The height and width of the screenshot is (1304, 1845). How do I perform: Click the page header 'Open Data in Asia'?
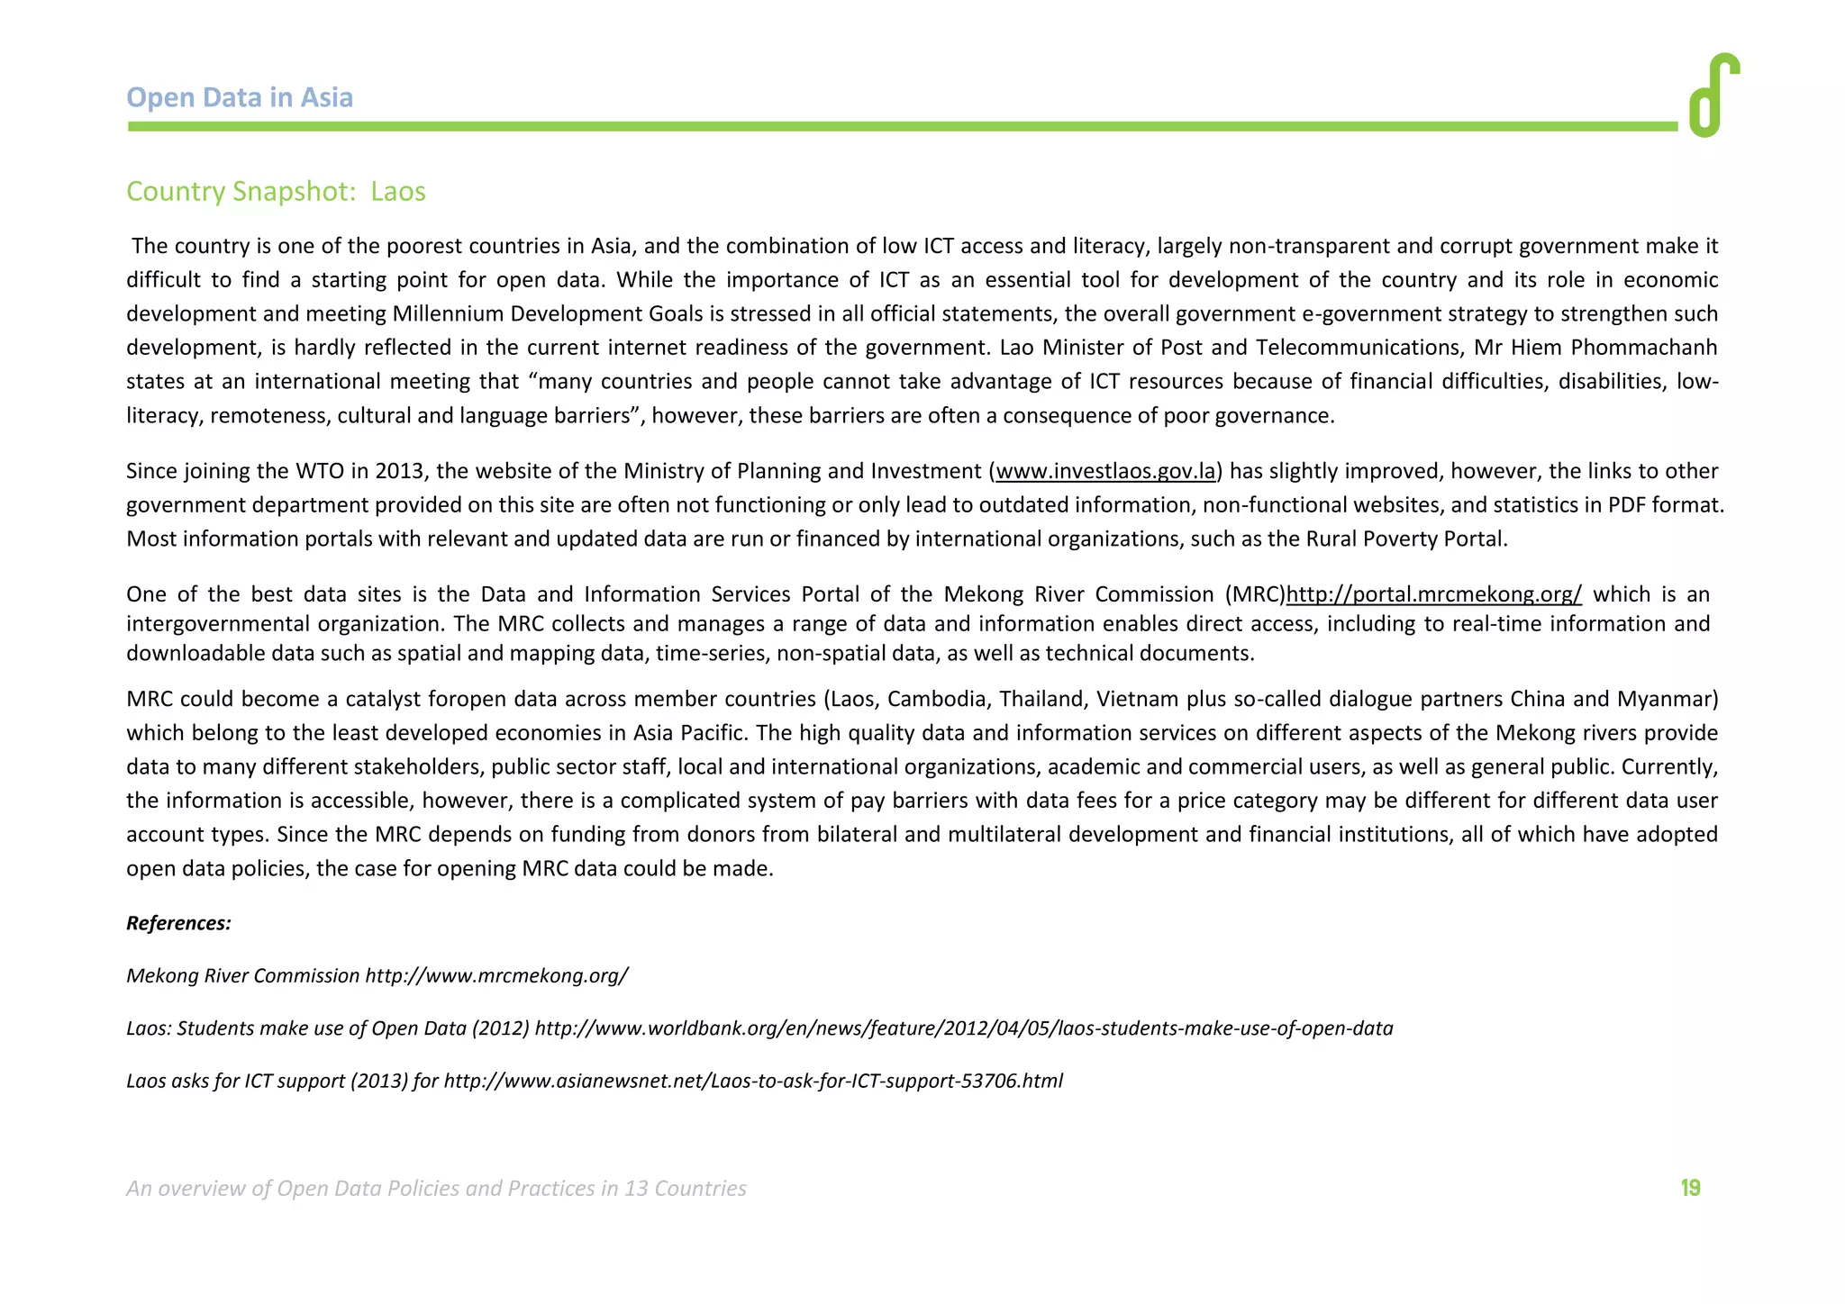tap(240, 97)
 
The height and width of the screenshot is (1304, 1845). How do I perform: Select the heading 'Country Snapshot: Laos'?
tap(276, 192)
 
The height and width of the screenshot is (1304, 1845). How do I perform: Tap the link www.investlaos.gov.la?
tap(1105, 471)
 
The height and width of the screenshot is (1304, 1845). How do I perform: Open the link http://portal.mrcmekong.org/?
tap(1433, 594)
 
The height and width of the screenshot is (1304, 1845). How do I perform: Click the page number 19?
tap(1690, 1189)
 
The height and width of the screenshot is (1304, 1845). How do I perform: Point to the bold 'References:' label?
tap(178, 923)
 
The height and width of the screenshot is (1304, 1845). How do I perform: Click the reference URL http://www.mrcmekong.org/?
tap(496, 975)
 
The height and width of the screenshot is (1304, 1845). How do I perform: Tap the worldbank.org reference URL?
tap(963, 1028)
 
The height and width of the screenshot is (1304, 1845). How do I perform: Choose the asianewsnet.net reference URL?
tap(753, 1081)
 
